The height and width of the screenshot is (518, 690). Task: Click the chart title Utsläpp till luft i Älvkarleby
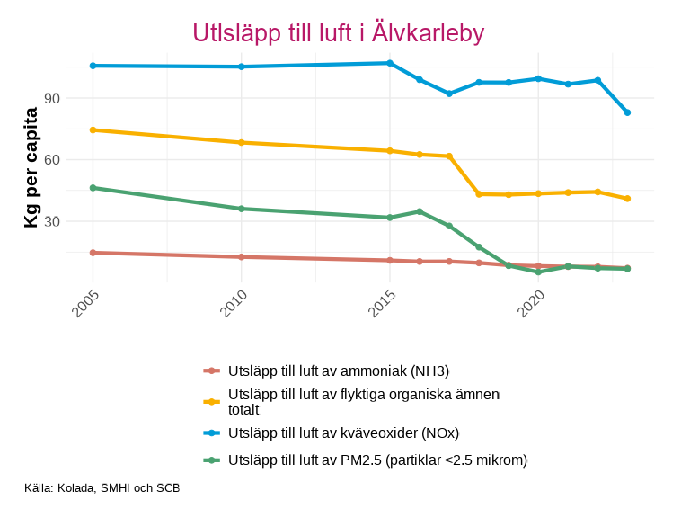pyautogui.click(x=339, y=33)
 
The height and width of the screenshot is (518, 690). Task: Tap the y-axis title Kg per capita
pyautogui.click(x=31, y=168)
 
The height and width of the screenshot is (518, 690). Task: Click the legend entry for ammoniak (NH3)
pyautogui.click(x=338, y=371)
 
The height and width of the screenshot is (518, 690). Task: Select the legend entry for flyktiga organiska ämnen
pyautogui.click(x=363, y=401)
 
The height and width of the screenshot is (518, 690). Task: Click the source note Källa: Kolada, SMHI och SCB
pyautogui.click(x=102, y=488)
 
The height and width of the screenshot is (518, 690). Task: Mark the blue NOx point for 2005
pyautogui.click(x=93, y=66)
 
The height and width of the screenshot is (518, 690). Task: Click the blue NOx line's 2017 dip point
pyautogui.click(x=449, y=94)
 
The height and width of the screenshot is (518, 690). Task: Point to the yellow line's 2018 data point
pyautogui.click(x=479, y=194)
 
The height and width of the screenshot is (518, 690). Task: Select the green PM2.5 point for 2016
pyautogui.click(x=420, y=211)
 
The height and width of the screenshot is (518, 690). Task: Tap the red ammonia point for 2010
pyautogui.click(x=241, y=257)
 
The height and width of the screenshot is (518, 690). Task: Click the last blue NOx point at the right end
pyautogui.click(x=627, y=112)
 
